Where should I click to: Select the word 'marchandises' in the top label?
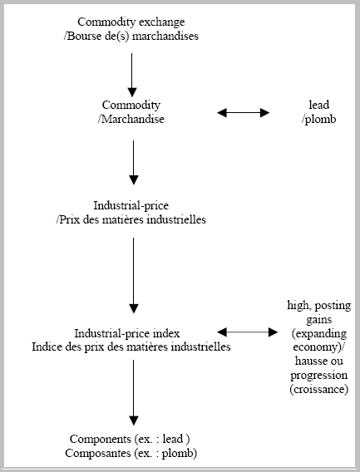point(165,36)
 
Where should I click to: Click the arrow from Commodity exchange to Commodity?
point(132,75)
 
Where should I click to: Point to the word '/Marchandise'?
point(131,119)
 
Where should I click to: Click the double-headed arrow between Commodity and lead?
point(243,112)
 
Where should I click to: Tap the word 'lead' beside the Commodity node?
point(319,105)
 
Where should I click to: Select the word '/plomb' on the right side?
point(319,120)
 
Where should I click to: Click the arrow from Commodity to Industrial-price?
point(134,163)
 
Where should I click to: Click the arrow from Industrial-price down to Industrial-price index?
point(134,275)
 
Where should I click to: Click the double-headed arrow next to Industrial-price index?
point(247,332)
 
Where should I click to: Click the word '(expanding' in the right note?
point(319,334)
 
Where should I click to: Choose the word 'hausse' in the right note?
point(308,361)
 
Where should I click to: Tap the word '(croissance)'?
point(319,390)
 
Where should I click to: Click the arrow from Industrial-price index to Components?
point(134,392)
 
